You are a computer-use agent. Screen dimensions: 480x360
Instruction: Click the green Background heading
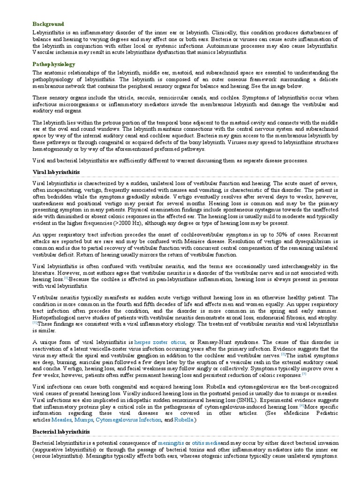pos(48,24)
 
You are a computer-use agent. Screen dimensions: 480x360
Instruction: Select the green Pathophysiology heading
pos(54,64)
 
